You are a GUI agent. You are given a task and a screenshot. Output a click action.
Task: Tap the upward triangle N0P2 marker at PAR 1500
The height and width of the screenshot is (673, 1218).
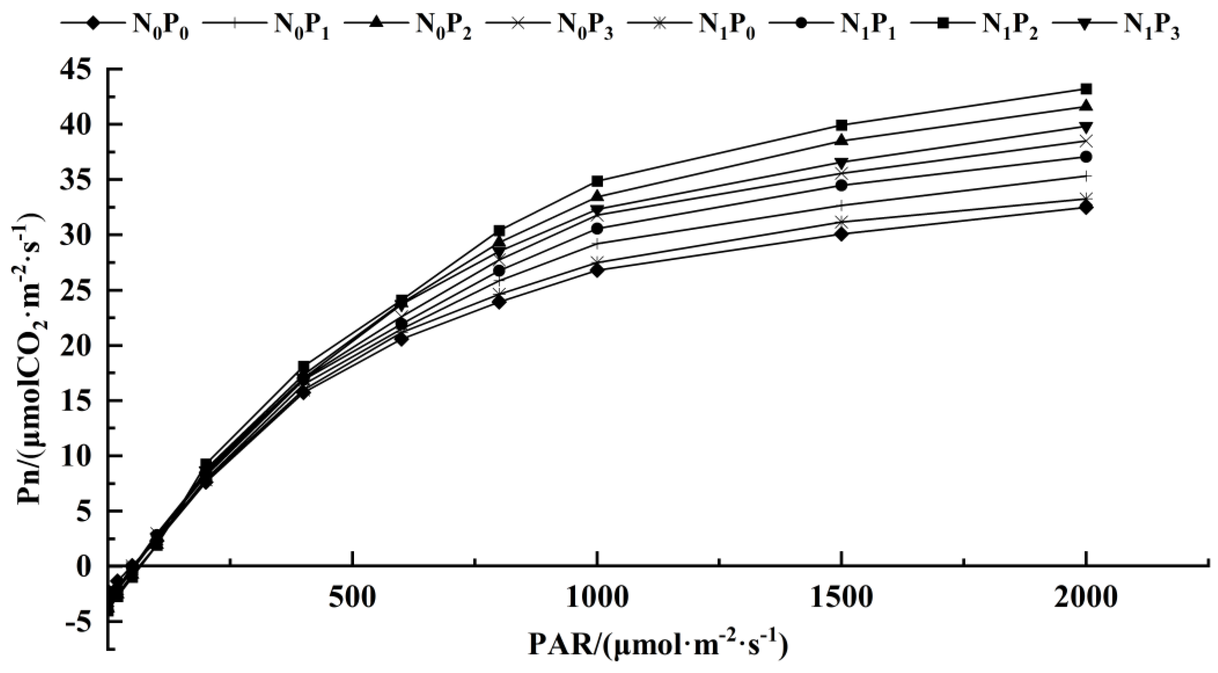click(842, 140)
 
